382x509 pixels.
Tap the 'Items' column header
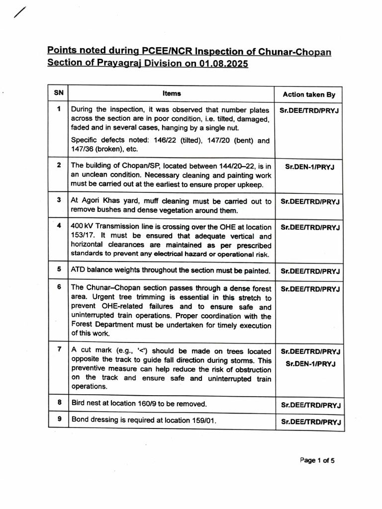tap(171, 93)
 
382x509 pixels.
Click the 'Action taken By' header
tap(309, 94)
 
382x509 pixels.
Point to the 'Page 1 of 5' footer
tap(317, 460)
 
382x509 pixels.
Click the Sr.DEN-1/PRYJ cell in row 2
tap(309, 167)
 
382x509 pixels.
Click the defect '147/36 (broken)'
tap(96, 149)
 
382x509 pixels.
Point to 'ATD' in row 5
tap(79, 271)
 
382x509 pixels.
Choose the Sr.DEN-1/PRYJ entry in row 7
tap(310, 364)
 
